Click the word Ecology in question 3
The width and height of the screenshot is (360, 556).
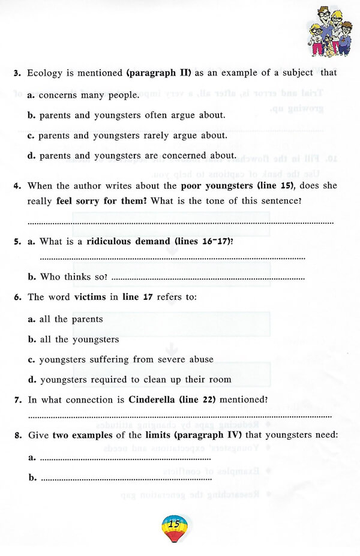tap(46, 73)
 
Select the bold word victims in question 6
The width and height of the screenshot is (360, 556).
tap(91, 297)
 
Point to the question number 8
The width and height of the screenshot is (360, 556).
tap(18, 435)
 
